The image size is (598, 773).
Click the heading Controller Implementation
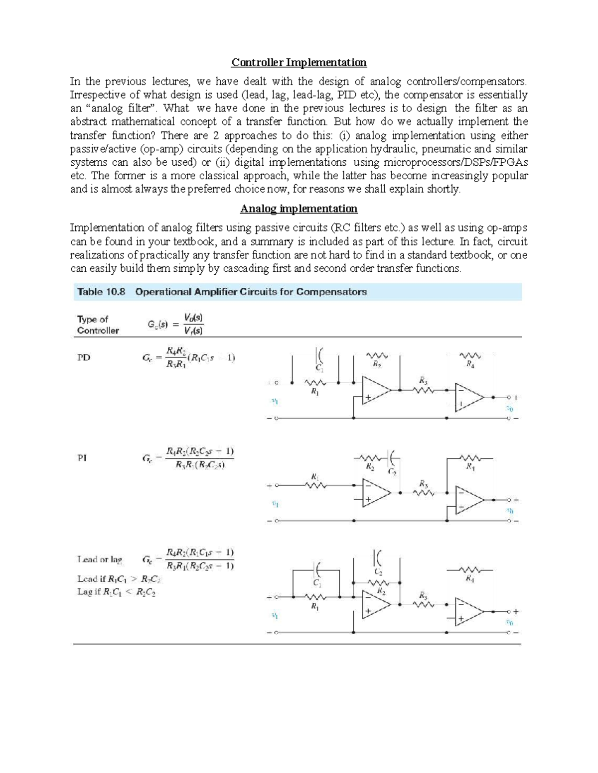[x=299, y=63]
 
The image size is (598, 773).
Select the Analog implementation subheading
[x=299, y=209]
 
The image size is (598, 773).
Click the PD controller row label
[x=84, y=357]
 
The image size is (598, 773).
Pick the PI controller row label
[x=82, y=459]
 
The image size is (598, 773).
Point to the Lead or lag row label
[x=100, y=559]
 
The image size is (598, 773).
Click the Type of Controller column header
[x=98, y=325]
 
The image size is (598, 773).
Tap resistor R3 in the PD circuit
[x=423, y=389]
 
